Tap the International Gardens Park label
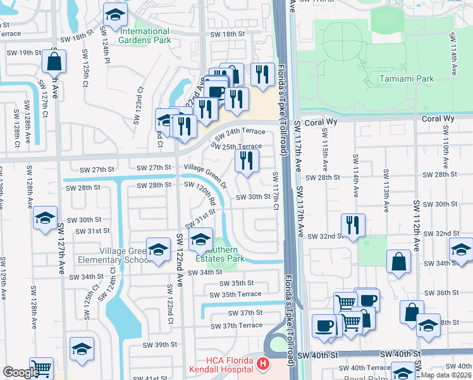145,35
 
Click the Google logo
20,372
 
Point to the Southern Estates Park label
219,254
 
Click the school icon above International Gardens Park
114,15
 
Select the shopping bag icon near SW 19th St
54,62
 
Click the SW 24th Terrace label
240,134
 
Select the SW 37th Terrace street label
236,326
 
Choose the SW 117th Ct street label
276,191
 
